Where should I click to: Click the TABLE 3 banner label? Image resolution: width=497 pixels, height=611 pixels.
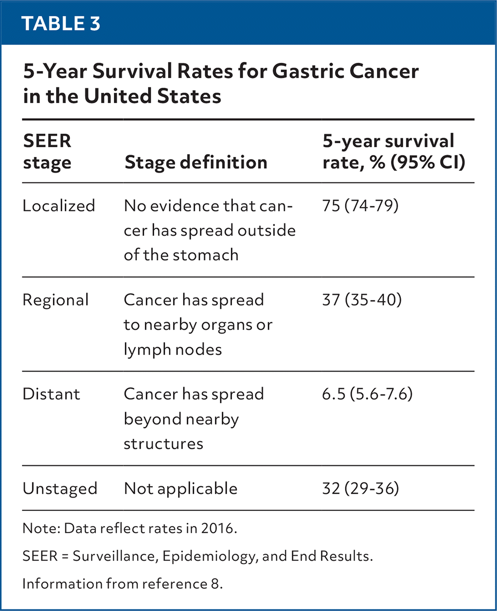click(x=61, y=23)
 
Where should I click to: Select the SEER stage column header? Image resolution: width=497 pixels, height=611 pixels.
click(x=47, y=151)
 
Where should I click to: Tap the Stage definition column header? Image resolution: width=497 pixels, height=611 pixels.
click(x=196, y=162)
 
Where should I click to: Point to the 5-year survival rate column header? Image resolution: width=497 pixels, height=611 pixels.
click(x=394, y=151)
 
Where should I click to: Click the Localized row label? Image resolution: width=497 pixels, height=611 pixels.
click(x=59, y=206)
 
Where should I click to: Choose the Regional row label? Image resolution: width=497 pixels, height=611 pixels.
click(x=56, y=300)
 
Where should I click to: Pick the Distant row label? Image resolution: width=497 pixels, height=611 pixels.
click(x=51, y=394)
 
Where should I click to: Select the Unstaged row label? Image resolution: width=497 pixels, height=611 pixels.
click(x=60, y=489)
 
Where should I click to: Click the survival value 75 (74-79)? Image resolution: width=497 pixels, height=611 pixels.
click(x=360, y=206)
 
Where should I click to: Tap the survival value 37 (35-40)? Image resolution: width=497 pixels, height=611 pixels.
click(x=362, y=300)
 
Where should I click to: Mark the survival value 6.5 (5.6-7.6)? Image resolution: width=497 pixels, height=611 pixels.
click(x=367, y=394)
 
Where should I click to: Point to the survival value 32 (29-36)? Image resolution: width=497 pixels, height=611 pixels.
click(x=360, y=489)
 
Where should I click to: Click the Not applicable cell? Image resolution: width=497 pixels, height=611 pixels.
click(x=181, y=489)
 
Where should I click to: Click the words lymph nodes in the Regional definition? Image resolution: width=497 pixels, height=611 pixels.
click(x=173, y=350)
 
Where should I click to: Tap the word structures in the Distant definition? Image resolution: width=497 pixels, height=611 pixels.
click(x=163, y=444)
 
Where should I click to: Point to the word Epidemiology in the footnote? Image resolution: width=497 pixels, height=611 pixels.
click(x=215, y=556)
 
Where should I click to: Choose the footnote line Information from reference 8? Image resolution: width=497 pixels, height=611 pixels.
click(x=122, y=584)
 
